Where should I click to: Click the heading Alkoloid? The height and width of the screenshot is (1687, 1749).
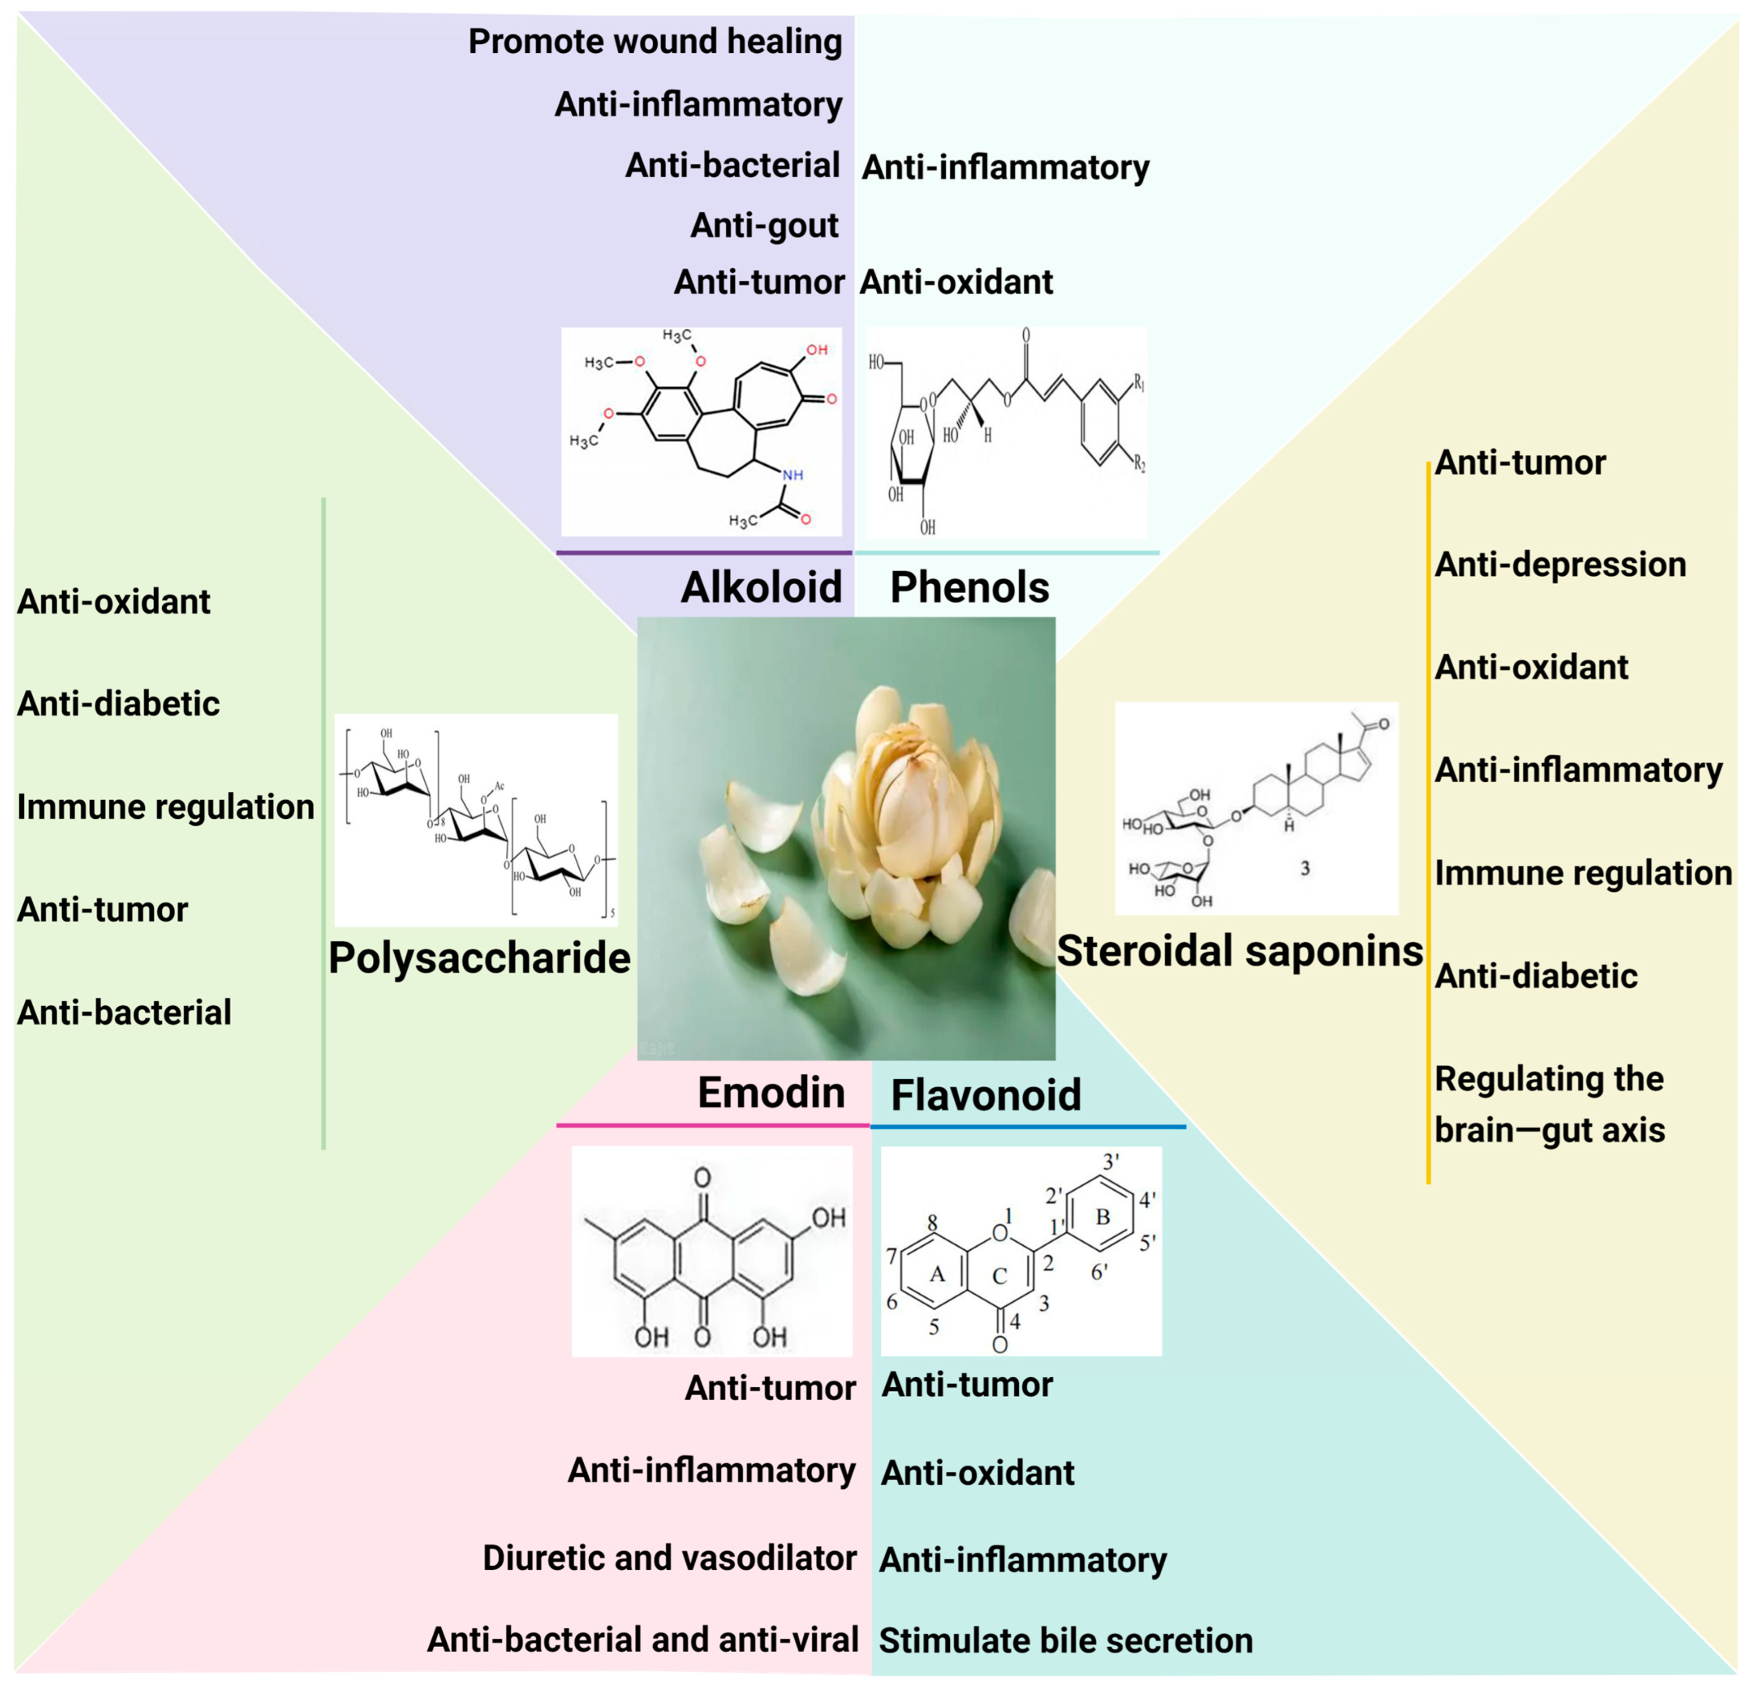click(761, 587)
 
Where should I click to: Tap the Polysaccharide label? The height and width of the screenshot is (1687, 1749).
click(479, 958)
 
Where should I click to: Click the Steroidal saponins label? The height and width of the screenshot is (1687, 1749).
click(1240, 951)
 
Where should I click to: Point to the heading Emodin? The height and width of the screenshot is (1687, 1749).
click(771, 1092)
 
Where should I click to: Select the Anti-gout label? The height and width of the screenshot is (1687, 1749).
click(764, 226)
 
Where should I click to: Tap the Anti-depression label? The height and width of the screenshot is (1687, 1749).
click(1560, 564)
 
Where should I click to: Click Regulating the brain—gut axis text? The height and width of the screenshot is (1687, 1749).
click(1549, 1104)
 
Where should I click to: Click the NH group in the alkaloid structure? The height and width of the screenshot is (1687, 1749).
click(792, 475)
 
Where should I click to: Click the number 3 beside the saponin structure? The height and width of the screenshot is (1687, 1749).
click(1305, 867)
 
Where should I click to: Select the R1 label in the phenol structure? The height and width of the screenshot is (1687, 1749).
click(1140, 384)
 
